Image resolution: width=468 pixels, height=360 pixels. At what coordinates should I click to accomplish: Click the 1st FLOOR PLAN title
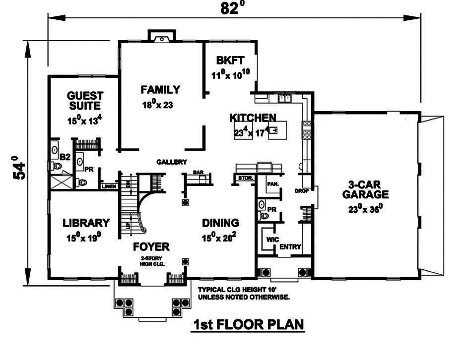248,325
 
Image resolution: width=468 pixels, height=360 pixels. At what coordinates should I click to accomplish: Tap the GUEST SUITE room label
85,101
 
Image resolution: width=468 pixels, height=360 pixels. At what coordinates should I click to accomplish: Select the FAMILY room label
160,90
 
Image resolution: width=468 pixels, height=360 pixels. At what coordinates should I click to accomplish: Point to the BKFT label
230,61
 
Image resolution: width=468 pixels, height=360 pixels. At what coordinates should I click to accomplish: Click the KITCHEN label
253,118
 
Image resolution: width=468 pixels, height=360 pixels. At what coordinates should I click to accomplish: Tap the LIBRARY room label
86,223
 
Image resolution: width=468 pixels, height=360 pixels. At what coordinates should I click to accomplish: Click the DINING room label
220,223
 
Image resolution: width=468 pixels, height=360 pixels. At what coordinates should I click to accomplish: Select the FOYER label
151,246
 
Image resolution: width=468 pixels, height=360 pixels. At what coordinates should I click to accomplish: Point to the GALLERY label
171,162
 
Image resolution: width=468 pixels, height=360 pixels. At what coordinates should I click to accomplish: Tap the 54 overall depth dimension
19,168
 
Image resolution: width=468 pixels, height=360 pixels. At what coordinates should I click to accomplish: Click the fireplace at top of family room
162,37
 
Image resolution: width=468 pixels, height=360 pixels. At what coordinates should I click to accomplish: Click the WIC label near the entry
271,239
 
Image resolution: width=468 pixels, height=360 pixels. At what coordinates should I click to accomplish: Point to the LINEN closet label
108,186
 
